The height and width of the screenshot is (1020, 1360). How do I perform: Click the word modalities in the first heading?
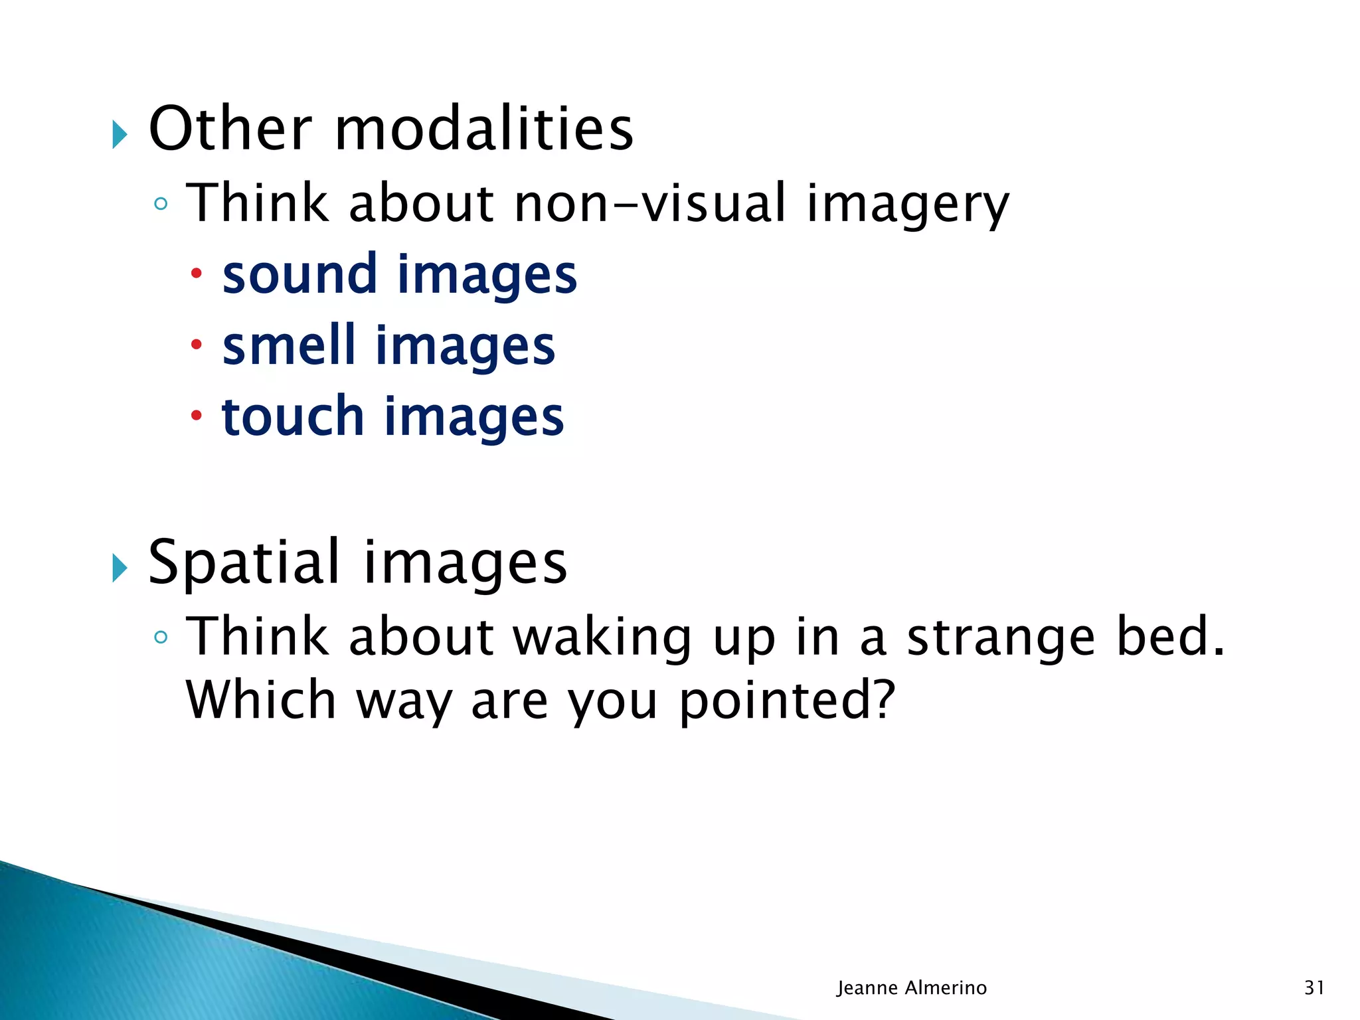click(483, 129)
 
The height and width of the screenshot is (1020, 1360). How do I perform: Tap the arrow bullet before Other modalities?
click(120, 135)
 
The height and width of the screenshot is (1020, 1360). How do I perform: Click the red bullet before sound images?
click(196, 273)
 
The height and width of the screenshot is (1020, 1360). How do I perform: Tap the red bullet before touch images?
click(196, 416)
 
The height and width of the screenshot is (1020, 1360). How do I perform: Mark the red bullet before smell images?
click(196, 344)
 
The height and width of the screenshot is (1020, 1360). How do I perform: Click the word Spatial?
click(244, 563)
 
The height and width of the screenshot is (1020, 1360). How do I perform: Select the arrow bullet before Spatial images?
click(120, 568)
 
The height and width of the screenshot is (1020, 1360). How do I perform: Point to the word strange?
click(1000, 637)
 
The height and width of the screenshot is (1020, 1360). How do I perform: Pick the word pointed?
click(788, 701)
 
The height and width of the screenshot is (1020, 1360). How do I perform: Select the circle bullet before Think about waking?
click(160, 637)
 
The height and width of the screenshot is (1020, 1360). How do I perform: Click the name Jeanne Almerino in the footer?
click(911, 987)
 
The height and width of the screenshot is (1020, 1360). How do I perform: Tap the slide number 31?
click(1314, 987)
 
